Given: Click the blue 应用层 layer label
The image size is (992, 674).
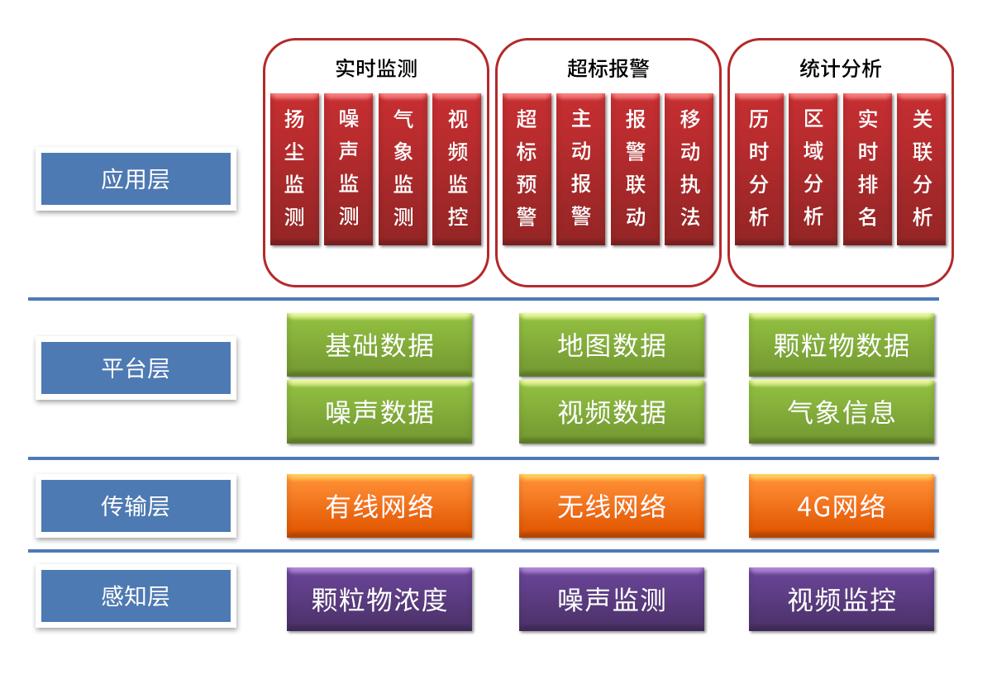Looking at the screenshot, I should pos(136,179).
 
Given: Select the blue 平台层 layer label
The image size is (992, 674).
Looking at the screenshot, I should pos(136,368).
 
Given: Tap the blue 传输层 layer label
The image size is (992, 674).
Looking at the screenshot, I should pos(136,505).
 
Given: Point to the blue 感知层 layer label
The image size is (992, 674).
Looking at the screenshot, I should pos(136,596).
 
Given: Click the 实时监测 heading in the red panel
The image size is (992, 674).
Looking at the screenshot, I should pos(376,69).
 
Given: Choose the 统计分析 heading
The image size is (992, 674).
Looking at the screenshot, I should pos(840,69).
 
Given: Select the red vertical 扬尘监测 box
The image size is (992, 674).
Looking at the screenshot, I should pos(294,169).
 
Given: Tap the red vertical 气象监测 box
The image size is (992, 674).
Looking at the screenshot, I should pos(403,169).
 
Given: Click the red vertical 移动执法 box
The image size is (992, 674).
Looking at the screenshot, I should pos(690,169).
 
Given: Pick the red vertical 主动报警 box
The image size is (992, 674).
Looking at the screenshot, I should pos(581,169).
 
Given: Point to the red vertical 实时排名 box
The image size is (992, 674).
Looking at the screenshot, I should pos(867,169).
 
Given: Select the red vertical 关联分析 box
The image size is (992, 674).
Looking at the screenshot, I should pos(922,169).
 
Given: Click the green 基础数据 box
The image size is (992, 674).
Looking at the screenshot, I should pos(379,344).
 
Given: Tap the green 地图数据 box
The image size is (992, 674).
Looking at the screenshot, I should pos(612,344).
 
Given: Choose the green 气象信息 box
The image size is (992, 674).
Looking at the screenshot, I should pos(842,411).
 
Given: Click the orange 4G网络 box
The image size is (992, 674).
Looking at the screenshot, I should pos(842,505).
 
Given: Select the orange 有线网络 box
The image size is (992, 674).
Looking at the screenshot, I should pos(379,505).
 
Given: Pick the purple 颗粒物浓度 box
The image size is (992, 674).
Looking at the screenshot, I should pos(379,599).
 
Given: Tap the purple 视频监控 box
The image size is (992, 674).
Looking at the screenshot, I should pos(842,599).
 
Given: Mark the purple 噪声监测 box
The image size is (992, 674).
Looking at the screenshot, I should pos(612,599).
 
